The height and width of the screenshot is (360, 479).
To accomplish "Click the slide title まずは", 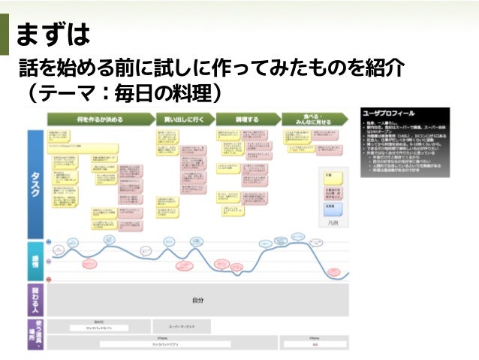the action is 53,33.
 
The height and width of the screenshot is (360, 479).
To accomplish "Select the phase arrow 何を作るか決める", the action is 100,119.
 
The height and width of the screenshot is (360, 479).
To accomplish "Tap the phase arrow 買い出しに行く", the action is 184,119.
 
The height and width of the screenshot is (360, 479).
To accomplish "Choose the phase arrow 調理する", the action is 247,119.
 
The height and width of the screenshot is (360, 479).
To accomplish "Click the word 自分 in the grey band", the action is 197,300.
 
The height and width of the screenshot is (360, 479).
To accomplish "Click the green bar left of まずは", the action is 5,33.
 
